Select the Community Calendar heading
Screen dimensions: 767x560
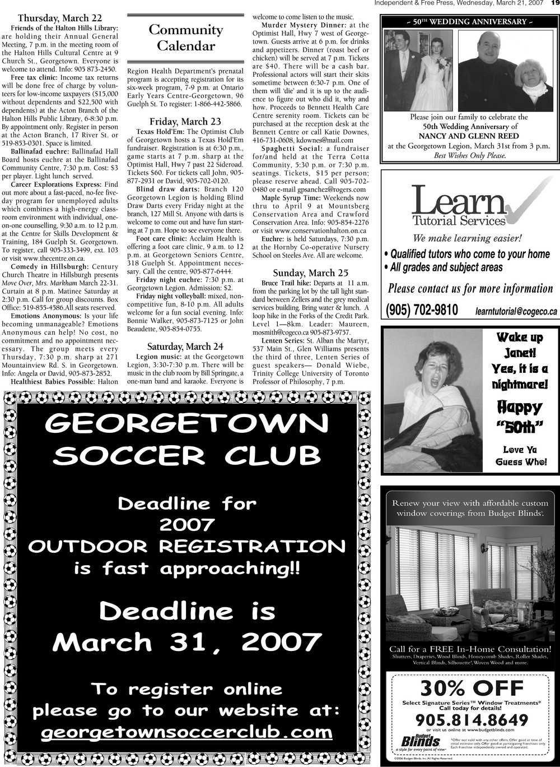coord(186,38)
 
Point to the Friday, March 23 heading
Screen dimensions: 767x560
coord(185,122)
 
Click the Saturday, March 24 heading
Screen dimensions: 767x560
coord(185,346)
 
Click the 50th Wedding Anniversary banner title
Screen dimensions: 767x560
coord(470,22)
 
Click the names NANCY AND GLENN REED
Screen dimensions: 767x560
coord(469,136)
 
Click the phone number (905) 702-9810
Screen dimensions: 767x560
coord(422,310)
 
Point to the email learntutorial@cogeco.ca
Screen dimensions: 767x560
coord(516,311)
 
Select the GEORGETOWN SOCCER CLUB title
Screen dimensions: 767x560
coord(186,439)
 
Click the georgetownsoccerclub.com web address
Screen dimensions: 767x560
coord(186,732)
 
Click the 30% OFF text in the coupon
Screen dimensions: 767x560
coord(472,688)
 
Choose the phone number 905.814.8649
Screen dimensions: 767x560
coord(472,720)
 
